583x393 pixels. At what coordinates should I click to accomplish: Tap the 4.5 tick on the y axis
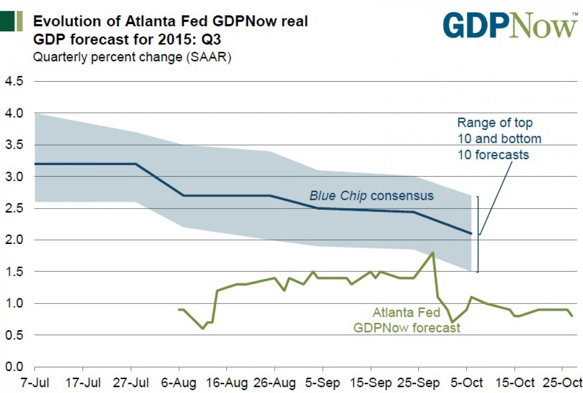[14, 81]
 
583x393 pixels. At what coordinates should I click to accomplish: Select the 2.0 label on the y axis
[14, 240]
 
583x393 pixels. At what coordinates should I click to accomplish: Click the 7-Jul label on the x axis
[35, 383]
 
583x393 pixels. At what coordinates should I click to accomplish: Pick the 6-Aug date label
[179, 383]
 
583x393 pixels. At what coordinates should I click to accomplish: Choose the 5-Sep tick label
[323, 383]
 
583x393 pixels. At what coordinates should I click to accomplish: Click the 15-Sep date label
[371, 383]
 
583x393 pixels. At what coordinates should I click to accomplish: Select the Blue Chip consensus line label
[372, 196]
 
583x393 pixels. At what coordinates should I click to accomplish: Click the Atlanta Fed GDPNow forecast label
[407, 320]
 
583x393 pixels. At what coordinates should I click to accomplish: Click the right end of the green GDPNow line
[572, 316]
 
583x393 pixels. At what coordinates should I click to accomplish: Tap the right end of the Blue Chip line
[471, 234]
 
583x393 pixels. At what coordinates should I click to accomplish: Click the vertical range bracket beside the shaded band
[478, 234]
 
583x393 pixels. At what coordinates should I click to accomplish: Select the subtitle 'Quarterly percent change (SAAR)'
[132, 57]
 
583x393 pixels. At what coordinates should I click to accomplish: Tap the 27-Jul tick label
[131, 383]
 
